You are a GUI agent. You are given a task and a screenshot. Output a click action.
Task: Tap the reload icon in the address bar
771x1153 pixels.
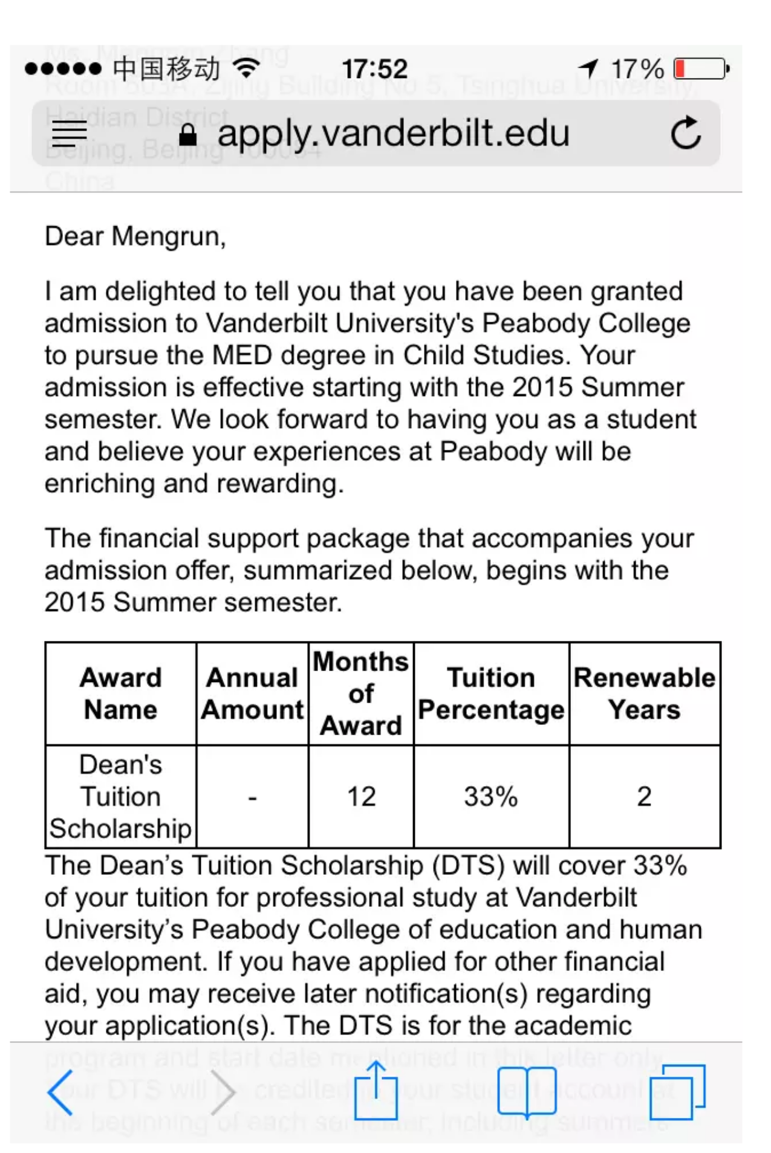click(x=686, y=132)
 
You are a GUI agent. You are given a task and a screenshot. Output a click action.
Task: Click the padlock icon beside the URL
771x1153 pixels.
click(x=187, y=134)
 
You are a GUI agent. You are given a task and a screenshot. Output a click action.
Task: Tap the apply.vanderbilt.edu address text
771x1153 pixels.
click(x=393, y=133)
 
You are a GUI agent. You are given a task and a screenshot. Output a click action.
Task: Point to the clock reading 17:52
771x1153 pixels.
click(x=374, y=68)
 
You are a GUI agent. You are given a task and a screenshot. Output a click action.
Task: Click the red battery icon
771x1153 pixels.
click(x=701, y=68)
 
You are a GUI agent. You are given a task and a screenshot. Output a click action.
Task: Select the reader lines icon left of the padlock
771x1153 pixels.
click(x=69, y=134)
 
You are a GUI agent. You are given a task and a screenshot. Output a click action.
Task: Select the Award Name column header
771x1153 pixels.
click(x=120, y=693)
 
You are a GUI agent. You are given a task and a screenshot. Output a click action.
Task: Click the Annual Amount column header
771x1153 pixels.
click(x=252, y=693)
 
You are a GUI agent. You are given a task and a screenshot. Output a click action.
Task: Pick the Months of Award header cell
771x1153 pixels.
click(x=361, y=693)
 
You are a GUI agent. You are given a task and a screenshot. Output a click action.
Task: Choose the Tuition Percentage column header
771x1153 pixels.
click(x=491, y=693)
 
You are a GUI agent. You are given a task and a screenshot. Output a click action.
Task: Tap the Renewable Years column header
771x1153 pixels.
click(x=645, y=693)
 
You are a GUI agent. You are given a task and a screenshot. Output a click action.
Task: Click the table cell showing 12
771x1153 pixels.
click(x=361, y=796)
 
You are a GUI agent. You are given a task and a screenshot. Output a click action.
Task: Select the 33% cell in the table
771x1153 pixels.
click(x=491, y=796)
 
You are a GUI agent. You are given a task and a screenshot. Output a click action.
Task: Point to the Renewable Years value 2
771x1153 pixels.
click(x=645, y=796)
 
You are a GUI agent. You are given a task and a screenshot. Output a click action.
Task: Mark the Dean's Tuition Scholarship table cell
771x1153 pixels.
click(x=120, y=796)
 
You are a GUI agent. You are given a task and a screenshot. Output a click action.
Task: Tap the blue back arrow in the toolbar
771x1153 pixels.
click(x=60, y=1092)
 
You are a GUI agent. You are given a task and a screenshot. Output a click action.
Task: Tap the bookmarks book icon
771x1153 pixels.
click(x=527, y=1092)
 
